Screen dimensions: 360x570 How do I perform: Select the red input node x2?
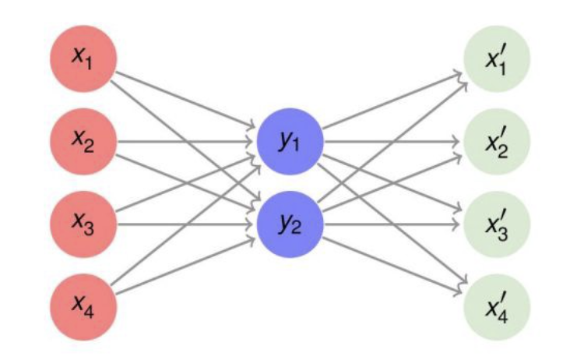point(83,142)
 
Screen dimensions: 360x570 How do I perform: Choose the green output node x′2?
point(497,142)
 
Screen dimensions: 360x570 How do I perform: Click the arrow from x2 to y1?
point(187,142)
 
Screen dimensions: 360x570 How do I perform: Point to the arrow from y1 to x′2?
point(389,142)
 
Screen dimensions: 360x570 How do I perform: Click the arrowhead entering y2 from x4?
point(252,238)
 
